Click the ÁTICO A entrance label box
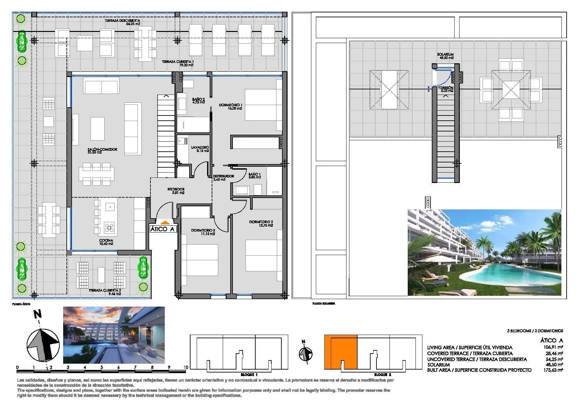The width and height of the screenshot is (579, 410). tap(163, 229)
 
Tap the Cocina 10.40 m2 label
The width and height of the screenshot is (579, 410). tap(106, 242)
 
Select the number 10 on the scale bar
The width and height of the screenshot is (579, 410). tap(186, 367)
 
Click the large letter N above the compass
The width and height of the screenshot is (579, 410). tap(38, 314)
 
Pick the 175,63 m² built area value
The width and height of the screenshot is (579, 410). tap(556, 370)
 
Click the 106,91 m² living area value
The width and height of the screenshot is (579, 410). tap(556, 348)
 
